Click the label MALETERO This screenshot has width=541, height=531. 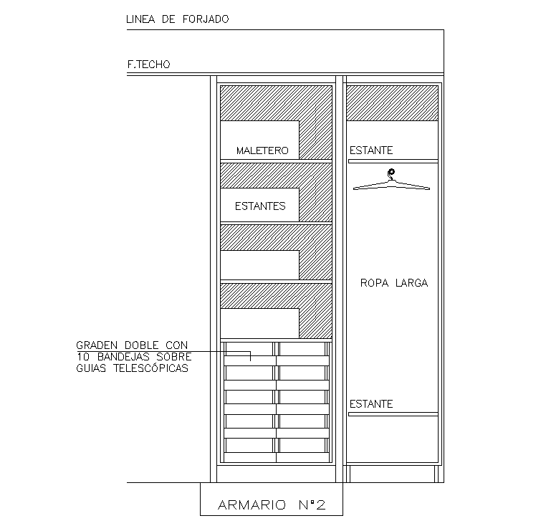[262, 151]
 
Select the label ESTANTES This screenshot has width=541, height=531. [260, 206]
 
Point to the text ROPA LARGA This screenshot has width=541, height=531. [393, 283]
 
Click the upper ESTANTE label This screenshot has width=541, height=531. [371, 150]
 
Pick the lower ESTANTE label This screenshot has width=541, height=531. [371, 404]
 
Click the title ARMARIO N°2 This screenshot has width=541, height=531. [272, 506]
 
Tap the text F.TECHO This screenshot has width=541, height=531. [149, 64]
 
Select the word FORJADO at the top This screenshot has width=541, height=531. [204, 20]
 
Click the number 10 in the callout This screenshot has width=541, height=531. [81, 357]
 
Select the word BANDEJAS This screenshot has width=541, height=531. [115, 357]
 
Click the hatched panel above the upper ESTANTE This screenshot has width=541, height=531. [392, 102]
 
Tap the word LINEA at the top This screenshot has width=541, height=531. [140, 20]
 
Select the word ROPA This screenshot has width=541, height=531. [373, 283]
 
